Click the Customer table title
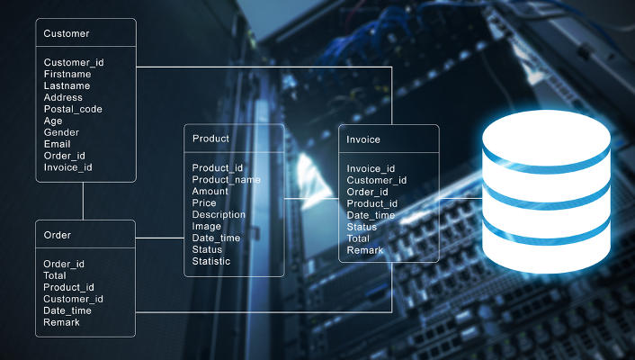tap(67, 33)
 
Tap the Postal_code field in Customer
tap(73, 109)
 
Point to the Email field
tap(58, 144)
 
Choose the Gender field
tap(62, 132)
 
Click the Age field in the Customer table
tap(53, 121)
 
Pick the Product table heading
tap(211, 139)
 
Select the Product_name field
tap(226, 179)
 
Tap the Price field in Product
tap(205, 203)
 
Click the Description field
tap(219, 215)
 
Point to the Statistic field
tap(211, 262)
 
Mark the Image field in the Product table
tap(207, 227)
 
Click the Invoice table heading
tap(363, 139)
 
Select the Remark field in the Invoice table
tap(366, 250)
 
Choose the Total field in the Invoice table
tap(359, 238)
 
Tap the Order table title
tap(58, 235)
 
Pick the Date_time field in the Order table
tap(67, 310)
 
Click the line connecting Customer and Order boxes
tap(84, 201)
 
